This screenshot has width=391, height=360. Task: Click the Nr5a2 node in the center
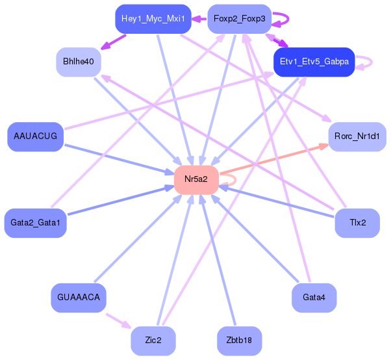(197, 179)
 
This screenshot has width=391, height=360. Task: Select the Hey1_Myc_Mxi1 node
(153, 19)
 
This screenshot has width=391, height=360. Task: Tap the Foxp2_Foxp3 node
(240, 19)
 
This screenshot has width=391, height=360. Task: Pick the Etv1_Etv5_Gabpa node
(314, 62)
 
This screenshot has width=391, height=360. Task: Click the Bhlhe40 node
(79, 62)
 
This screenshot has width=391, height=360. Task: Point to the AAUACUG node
(36, 136)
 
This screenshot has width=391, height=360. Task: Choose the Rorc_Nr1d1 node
(357, 136)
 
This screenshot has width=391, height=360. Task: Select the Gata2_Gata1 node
(36, 223)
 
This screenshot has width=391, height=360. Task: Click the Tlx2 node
(357, 223)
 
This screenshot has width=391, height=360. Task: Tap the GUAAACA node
(79, 298)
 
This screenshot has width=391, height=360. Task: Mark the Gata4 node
(314, 298)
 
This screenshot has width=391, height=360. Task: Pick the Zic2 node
(153, 341)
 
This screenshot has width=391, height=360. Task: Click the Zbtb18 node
(240, 341)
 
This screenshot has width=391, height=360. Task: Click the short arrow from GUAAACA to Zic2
(119, 321)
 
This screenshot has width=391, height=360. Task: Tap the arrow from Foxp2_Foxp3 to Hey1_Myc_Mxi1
(199, 19)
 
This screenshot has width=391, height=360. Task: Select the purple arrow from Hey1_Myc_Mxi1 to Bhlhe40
(113, 42)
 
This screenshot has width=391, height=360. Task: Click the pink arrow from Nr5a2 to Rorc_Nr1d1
(274, 159)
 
